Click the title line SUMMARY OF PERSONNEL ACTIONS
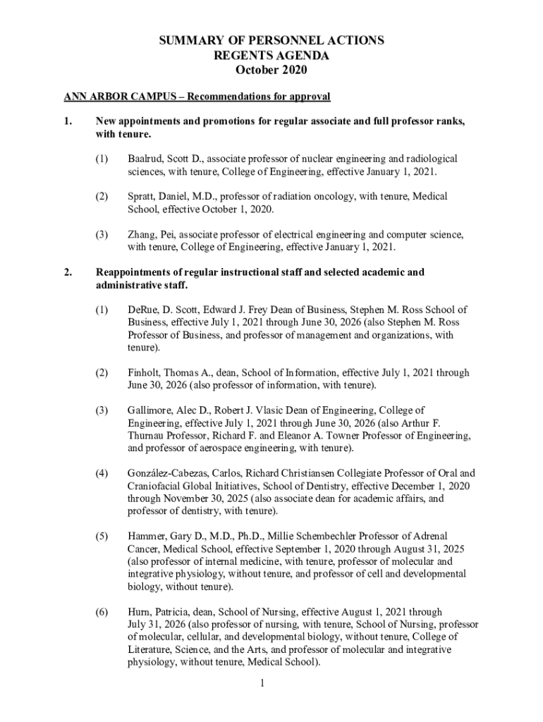(271, 41)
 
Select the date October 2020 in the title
(271, 71)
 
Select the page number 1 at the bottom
(261, 683)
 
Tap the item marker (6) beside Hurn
(103, 611)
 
